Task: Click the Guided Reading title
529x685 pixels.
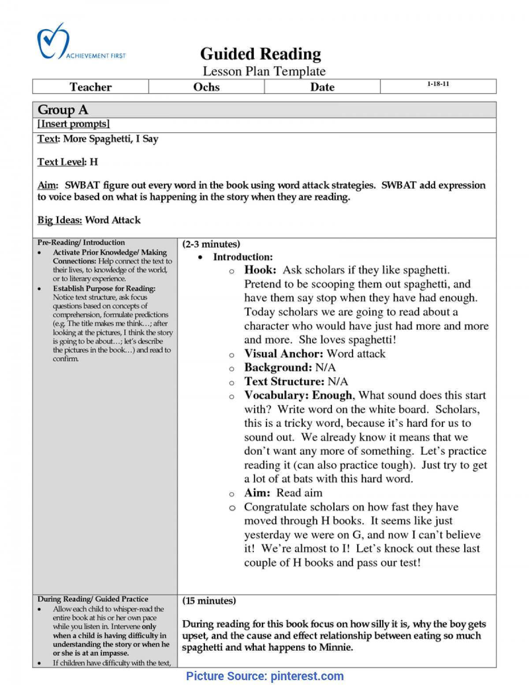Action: coord(261,54)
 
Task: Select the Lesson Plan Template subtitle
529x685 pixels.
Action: coord(264,71)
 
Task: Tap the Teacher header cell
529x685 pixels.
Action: coord(91,87)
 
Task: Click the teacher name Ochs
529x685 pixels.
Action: coord(206,87)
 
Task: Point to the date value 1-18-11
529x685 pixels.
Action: coord(438,84)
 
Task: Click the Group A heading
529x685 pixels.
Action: coord(63,110)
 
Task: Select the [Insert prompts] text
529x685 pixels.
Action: coord(74,124)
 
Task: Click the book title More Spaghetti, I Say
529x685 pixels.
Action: coord(111,139)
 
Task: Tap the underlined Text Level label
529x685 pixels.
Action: coord(61,162)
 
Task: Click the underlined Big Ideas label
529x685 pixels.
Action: coord(60,220)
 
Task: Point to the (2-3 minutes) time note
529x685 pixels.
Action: coord(211,244)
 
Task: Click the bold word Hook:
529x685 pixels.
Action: coord(260,270)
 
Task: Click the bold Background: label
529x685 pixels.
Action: coord(278,367)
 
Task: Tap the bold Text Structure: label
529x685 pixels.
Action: coord(284,382)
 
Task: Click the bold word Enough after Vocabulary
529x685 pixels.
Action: coord(332,395)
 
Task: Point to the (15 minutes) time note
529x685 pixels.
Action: coord(209,601)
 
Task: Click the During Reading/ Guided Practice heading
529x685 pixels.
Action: coord(93,599)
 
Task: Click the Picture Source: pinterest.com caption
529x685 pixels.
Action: coord(264,676)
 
